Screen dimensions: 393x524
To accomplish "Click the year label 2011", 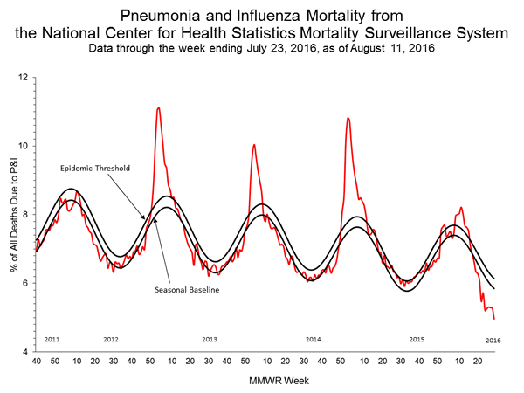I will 52,338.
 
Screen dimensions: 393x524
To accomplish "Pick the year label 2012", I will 111,338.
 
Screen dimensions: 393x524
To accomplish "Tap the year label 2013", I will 210,338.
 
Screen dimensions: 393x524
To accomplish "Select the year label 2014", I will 313,338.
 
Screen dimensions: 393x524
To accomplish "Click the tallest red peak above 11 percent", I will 158,108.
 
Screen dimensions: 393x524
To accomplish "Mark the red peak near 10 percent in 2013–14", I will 253,145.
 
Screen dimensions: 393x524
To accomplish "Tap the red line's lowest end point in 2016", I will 494,319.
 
